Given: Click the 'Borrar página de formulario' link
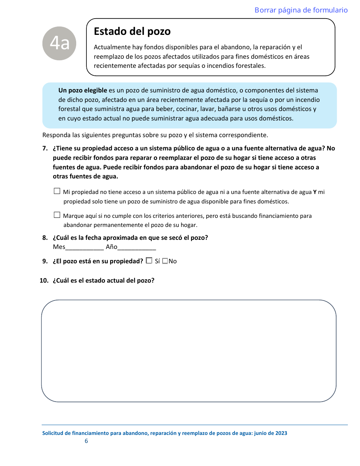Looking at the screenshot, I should [301, 10].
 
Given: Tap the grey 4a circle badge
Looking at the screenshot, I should [59, 44].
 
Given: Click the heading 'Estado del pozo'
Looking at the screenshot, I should [132, 31].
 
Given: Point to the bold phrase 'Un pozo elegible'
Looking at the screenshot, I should [83, 91].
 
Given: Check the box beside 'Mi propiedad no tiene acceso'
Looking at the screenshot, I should [57, 192].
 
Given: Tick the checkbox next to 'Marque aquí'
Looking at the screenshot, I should [57, 215].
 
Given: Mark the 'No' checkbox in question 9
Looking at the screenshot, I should [165, 261].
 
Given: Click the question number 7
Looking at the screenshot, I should [45, 149].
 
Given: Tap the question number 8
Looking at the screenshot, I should [45, 238].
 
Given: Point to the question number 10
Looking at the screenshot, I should [44, 281].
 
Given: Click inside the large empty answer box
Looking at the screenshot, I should [188, 350].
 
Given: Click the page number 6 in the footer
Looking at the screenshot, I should [86, 441].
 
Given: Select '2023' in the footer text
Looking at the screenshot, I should [281, 433].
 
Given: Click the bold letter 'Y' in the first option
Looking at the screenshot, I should [315, 192].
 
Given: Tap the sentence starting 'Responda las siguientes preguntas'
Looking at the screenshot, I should [155, 135].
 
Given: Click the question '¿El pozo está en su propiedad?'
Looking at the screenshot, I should [98, 261].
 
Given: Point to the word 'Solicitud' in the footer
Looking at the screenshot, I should [53, 433].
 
